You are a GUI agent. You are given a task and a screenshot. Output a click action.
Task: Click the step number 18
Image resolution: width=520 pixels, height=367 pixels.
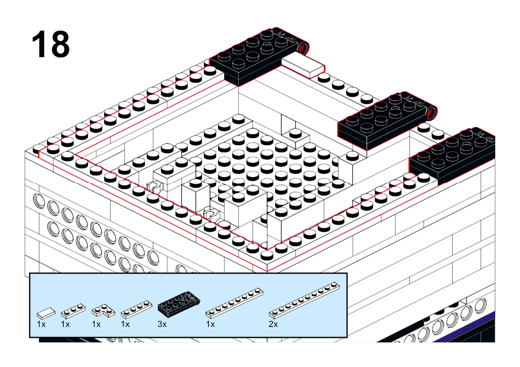pos(51,44)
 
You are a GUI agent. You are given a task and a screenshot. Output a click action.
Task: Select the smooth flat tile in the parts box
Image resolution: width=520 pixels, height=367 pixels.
pos(46,313)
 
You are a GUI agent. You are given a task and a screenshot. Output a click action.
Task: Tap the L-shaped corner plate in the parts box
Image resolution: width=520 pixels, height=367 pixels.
pos(103,311)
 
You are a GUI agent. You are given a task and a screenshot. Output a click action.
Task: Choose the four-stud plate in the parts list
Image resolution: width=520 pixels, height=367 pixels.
pos(136,309)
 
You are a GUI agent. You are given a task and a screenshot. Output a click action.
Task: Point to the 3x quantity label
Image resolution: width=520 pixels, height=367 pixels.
pos(162,324)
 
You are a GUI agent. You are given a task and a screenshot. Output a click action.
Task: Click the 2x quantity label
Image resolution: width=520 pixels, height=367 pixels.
pos(273,324)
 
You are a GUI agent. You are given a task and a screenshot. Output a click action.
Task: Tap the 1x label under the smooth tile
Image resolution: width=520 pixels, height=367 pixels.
pos(41,324)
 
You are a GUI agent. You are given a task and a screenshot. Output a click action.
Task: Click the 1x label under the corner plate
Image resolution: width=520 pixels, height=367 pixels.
pos(96,324)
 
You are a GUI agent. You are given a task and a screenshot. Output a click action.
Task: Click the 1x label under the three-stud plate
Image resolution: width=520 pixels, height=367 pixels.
pos(65,324)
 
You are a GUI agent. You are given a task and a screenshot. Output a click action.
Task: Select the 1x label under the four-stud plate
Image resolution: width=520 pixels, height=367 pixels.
pos(125,324)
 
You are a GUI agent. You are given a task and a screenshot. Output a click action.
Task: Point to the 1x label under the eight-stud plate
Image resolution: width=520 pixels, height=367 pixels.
pos(211,324)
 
